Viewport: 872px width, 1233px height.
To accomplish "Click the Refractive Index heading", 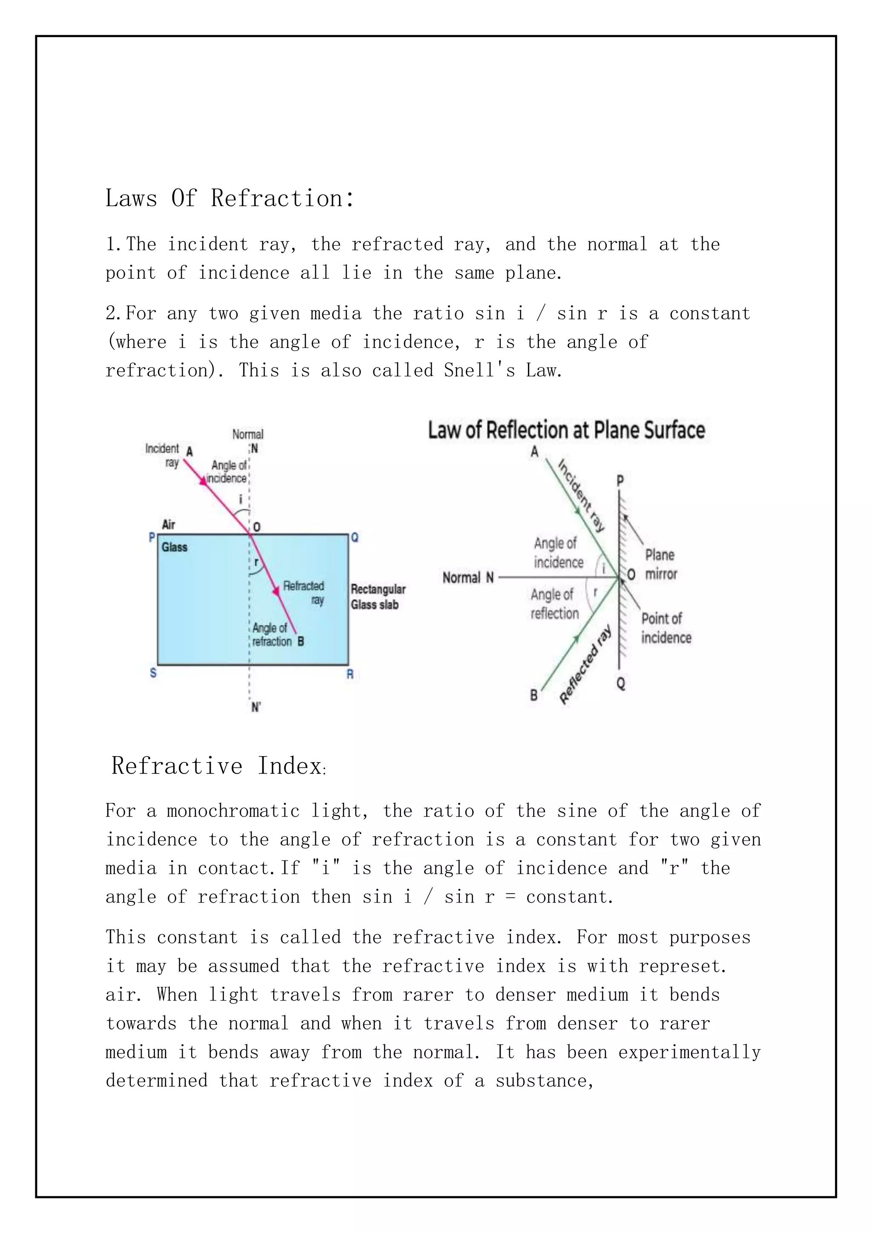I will (218, 766).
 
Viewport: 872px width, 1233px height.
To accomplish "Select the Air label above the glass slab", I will (168, 524).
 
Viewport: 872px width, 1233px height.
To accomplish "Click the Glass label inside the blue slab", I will (175, 547).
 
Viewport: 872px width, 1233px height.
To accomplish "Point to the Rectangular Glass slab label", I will (378, 596).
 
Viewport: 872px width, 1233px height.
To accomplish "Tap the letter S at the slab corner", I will (153, 673).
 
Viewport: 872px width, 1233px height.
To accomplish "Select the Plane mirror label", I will (660, 565).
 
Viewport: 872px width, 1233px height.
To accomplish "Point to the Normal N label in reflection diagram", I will (467, 578).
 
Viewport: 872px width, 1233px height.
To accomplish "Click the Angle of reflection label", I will (555, 604).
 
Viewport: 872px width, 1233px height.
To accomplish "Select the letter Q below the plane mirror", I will (621, 684).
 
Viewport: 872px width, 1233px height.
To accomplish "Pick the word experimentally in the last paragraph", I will (689, 1052).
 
